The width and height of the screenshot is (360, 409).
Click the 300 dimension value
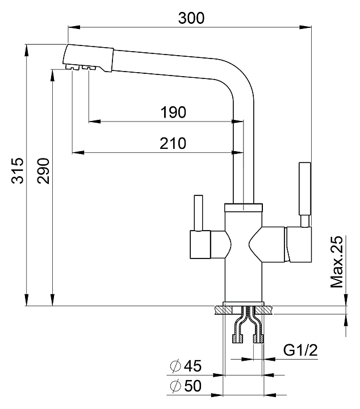(x=191, y=18)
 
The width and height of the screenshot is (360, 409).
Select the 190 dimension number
(x=173, y=112)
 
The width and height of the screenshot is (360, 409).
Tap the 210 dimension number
(x=173, y=143)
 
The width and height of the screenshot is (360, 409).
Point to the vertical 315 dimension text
(x=18, y=170)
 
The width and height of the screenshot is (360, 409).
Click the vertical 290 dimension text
(x=44, y=170)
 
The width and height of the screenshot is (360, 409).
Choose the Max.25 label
(x=338, y=262)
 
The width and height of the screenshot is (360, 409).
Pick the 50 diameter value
(x=193, y=386)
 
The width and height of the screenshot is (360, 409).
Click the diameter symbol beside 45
(x=175, y=366)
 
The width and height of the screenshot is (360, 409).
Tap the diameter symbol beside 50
(x=175, y=387)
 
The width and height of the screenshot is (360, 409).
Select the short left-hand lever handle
(x=198, y=213)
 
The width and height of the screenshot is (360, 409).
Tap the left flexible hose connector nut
(x=237, y=339)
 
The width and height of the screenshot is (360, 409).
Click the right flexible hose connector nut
(x=258, y=339)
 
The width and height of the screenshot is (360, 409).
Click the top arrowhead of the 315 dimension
(x=27, y=49)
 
